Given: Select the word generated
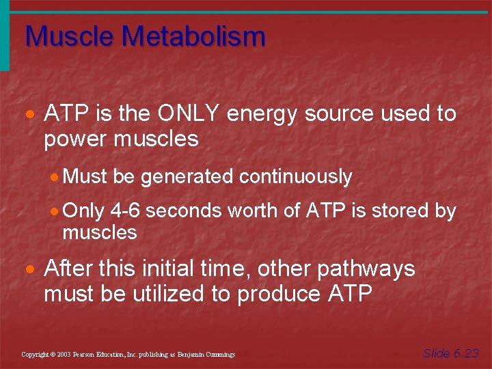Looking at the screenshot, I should pos(187,177).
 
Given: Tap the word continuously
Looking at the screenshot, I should pos(295,177).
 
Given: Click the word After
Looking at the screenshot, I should pos(69,269).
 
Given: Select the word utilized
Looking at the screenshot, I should pos(155,294).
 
